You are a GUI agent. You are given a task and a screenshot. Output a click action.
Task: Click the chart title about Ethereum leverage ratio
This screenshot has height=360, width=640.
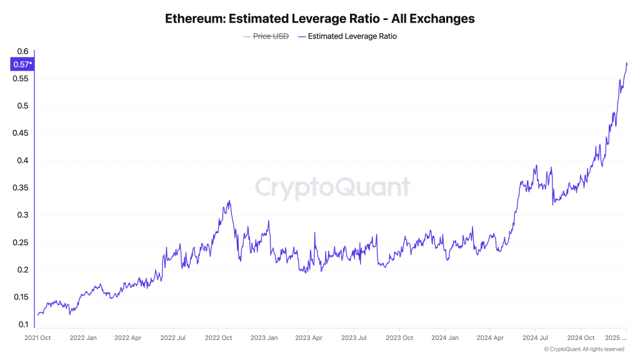[x=319, y=19]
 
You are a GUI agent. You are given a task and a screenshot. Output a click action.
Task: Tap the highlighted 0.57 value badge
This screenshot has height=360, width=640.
[x=22, y=64]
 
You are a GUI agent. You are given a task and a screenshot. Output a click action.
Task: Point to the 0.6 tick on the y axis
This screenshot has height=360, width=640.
[x=22, y=51]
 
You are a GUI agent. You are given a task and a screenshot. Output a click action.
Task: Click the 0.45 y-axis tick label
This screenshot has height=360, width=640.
[x=21, y=133]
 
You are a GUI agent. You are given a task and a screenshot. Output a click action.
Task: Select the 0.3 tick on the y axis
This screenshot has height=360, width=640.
[x=22, y=215]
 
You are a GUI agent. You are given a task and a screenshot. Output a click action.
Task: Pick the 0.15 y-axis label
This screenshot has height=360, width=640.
[x=21, y=297]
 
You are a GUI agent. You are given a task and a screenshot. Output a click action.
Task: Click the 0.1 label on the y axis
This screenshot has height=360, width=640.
[x=22, y=324]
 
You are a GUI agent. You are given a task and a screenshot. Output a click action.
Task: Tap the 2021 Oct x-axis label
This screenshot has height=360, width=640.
[x=37, y=338]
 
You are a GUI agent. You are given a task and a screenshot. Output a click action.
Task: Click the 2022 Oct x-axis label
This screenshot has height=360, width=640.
[x=218, y=338]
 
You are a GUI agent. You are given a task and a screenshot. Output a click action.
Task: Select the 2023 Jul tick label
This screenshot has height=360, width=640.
[x=353, y=338]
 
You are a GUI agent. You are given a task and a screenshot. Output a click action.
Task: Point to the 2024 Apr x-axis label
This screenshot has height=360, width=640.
[x=490, y=338]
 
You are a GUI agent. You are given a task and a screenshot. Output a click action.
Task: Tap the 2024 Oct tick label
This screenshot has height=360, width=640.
[x=581, y=338]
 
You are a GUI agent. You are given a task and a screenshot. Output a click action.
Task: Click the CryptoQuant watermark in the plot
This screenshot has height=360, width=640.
[x=332, y=187]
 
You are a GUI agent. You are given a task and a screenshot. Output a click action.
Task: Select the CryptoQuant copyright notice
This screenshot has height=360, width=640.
[x=584, y=349]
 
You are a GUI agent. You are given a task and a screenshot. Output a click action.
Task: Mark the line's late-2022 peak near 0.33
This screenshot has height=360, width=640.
[x=229, y=201]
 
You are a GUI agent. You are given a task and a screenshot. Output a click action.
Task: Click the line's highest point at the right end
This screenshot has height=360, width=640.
[x=626, y=62]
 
